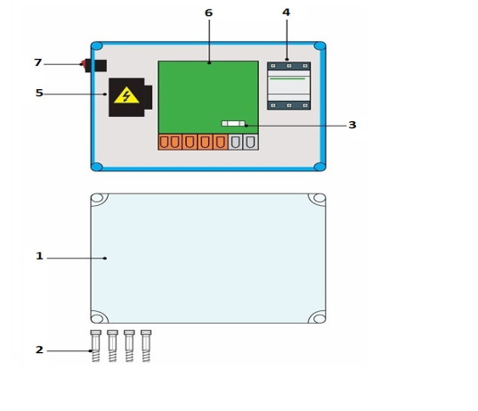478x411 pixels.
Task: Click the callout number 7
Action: pyautogui.click(x=37, y=62)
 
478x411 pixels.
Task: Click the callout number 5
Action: pyautogui.click(x=39, y=93)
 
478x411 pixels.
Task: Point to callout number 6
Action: pyautogui.click(x=208, y=12)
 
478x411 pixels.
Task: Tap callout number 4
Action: pyautogui.click(x=287, y=12)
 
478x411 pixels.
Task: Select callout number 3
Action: pyautogui.click(x=352, y=125)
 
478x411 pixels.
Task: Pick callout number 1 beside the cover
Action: pyautogui.click(x=39, y=256)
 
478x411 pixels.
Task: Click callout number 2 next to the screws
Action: pyautogui.click(x=39, y=349)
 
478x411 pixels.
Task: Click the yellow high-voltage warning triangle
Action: pyautogui.click(x=126, y=96)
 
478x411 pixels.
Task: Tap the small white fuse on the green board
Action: pyautogui.click(x=233, y=123)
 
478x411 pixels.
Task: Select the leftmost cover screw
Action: pyautogui.click(x=96, y=346)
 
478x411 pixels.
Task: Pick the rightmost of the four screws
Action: pyautogui.click(x=146, y=346)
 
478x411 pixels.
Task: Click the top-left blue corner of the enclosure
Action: pyautogui.click(x=97, y=46)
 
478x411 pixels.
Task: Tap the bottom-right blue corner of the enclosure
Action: pyautogui.click(x=320, y=167)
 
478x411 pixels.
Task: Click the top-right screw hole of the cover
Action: pyautogui.click(x=320, y=198)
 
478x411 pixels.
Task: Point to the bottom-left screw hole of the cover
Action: pyautogui.click(x=97, y=318)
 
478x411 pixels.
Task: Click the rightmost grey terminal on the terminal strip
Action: pyautogui.click(x=251, y=143)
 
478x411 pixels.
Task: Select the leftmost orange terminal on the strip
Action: pyautogui.click(x=165, y=143)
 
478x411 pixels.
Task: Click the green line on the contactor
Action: pyautogui.click(x=288, y=78)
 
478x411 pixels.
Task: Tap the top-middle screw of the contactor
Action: pyautogui.click(x=289, y=66)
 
